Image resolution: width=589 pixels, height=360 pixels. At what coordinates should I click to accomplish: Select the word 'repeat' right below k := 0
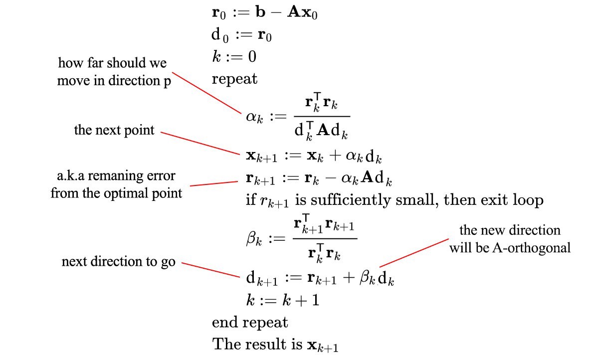234,79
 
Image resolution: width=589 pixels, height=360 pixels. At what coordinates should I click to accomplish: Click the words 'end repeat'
250,322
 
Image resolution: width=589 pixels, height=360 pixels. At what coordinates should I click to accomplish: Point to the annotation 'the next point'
114,131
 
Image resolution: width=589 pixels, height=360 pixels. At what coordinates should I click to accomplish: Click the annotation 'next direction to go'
118,261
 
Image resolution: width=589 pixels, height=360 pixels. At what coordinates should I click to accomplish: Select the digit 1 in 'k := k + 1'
315,301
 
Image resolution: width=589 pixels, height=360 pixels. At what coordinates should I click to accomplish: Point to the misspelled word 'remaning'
114,177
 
